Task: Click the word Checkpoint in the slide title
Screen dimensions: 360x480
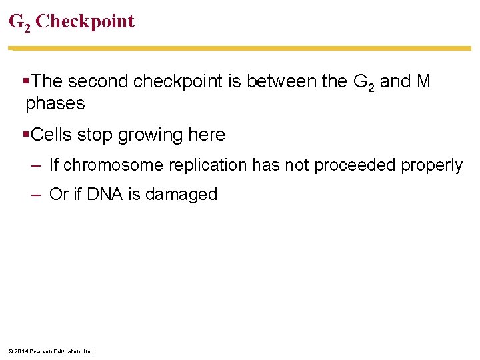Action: point(85,21)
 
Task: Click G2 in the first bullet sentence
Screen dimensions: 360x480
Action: point(362,83)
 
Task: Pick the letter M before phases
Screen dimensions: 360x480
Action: point(423,81)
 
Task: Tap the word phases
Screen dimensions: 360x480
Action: point(55,104)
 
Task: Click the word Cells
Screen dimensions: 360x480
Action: point(51,135)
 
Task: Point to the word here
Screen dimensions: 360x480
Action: point(207,135)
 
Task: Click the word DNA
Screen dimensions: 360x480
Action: point(104,194)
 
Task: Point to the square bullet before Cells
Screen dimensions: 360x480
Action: point(25,134)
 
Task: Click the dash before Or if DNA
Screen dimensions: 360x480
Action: point(37,194)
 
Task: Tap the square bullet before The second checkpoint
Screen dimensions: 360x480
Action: point(25,81)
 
